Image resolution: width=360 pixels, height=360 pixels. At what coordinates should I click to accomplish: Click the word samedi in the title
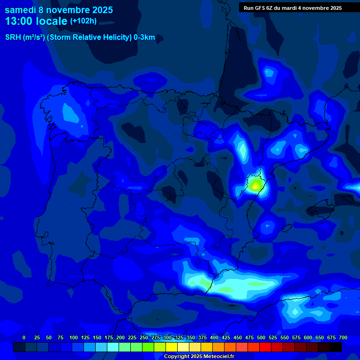(21, 10)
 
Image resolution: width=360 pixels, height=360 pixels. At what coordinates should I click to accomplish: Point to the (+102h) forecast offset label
(83, 21)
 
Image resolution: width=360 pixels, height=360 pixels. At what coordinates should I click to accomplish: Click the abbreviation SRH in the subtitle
(13, 37)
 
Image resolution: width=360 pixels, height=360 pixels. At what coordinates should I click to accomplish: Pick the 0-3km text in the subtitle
(144, 37)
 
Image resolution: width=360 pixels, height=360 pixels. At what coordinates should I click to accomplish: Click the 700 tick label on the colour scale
(343, 337)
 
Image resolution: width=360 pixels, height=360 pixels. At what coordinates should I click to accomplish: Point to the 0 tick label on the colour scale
(24, 337)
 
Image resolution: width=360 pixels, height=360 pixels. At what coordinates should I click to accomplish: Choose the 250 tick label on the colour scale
(143, 337)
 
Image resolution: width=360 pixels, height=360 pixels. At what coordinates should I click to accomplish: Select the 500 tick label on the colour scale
(261, 337)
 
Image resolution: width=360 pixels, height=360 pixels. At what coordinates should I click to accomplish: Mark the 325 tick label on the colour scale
(179, 337)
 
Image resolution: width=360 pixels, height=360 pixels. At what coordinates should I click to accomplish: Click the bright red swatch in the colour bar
(265, 347)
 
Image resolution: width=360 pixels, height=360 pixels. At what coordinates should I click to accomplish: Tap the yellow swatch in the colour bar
(172, 347)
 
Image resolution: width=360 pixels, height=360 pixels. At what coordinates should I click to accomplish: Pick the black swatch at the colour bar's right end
(336, 347)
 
